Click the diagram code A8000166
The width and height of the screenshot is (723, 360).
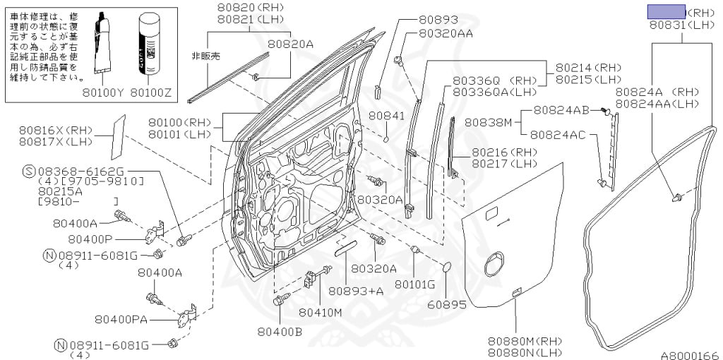(688, 354)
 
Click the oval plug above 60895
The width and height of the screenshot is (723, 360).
(446, 267)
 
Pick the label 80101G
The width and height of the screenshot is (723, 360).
(414, 284)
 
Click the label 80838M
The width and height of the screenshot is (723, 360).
(488, 122)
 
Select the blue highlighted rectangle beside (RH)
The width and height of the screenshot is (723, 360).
(667, 11)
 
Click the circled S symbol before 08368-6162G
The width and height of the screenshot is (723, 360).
(29, 171)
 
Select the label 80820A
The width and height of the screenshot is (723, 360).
(290, 44)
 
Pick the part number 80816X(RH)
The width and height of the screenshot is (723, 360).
(56, 130)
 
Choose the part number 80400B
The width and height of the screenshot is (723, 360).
(280, 331)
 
